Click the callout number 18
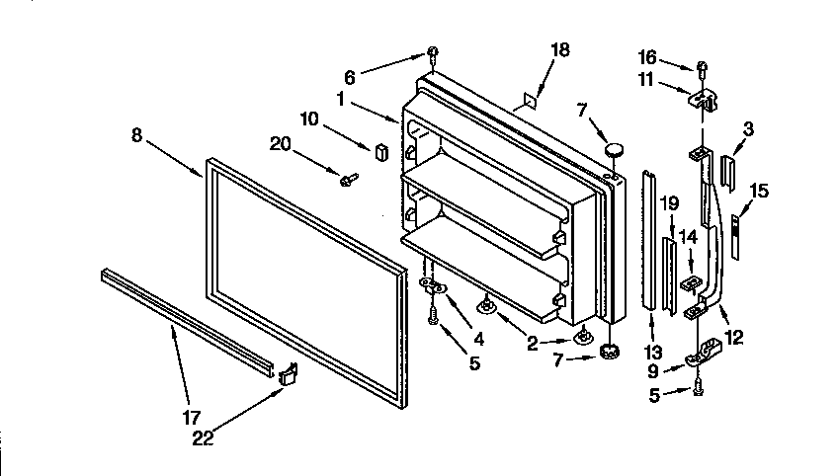point(559,50)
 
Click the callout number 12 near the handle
point(732,338)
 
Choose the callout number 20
point(281,144)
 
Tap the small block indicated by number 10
point(379,151)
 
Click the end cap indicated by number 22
point(289,373)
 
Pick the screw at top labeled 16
point(701,68)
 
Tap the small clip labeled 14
point(689,284)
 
